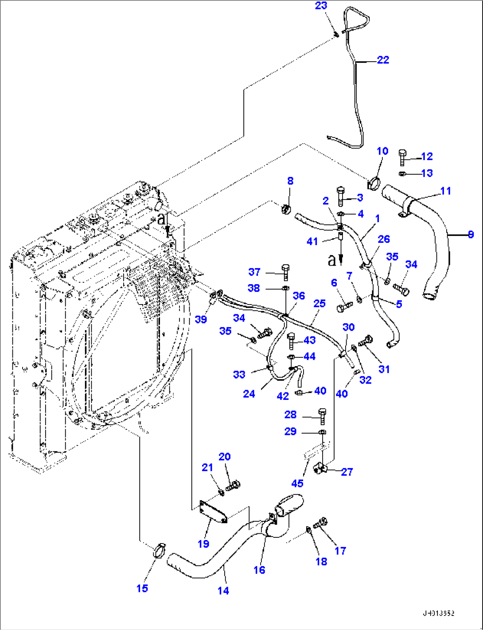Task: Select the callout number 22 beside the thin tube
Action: pos(383,60)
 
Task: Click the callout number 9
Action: pos(471,234)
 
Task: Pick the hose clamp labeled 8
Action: pos(286,207)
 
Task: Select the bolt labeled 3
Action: pos(340,196)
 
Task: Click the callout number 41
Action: pos(312,242)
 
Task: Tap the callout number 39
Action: pos(201,319)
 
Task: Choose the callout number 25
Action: pos(319,303)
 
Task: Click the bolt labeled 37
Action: pos(285,271)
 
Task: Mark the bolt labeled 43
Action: pos(291,340)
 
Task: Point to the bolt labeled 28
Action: pos(322,415)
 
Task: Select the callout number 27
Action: pos(347,472)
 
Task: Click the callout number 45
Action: pos(297,483)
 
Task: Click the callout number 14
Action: pos(223,591)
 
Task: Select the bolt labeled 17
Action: pos(320,523)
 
